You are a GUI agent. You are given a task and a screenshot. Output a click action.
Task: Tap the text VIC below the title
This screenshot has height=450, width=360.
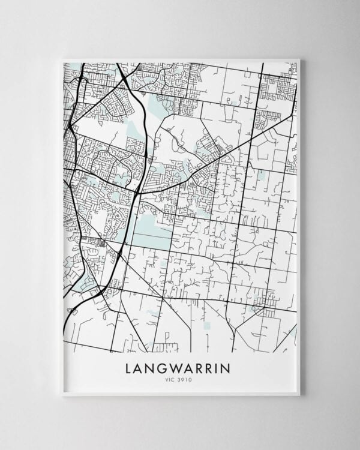pos(172,379)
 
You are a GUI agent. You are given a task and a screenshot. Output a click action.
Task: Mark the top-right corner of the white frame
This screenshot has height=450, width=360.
pos(299,59)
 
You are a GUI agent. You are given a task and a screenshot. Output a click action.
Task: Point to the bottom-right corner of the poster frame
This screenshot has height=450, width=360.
pos(299,395)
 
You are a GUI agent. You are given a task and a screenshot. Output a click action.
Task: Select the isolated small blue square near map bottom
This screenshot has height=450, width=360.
pos(207,326)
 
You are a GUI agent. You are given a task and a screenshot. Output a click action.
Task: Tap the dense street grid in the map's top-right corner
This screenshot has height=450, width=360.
pos(277,88)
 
